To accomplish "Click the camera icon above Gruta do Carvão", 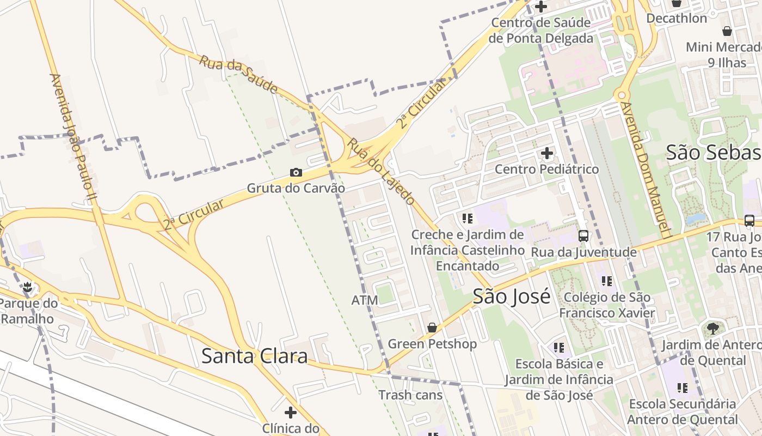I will pyautogui.click(x=296, y=173).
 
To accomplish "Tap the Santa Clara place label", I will pyautogui.click(x=254, y=356).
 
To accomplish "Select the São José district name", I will pyautogui.click(x=511, y=296).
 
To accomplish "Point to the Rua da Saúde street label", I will pyautogui.click(x=238, y=74).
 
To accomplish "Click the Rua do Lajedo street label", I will pyautogui.click(x=382, y=171).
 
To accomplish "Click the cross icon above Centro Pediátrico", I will pyautogui.click(x=546, y=153).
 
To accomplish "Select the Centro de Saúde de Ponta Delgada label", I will pyautogui.click(x=540, y=31).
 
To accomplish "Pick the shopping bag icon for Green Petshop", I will pyautogui.click(x=432, y=328).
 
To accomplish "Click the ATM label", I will pyautogui.click(x=365, y=300).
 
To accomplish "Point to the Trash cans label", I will pyautogui.click(x=410, y=395).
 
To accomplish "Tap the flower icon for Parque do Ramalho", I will pyautogui.click(x=27, y=287).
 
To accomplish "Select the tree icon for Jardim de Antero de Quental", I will pyautogui.click(x=712, y=329).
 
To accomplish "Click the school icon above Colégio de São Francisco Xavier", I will pyautogui.click(x=607, y=281).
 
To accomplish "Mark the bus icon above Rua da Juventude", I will pyautogui.click(x=583, y=236).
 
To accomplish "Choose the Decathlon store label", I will pyautogui.click(x=677, y=18).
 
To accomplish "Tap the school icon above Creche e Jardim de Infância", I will pyautogui.click(x=467, y=219).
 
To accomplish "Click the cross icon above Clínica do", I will pyautogui.click(x=291, y=412).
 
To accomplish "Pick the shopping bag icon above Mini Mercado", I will pyautogui.click(x=727, y=31).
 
